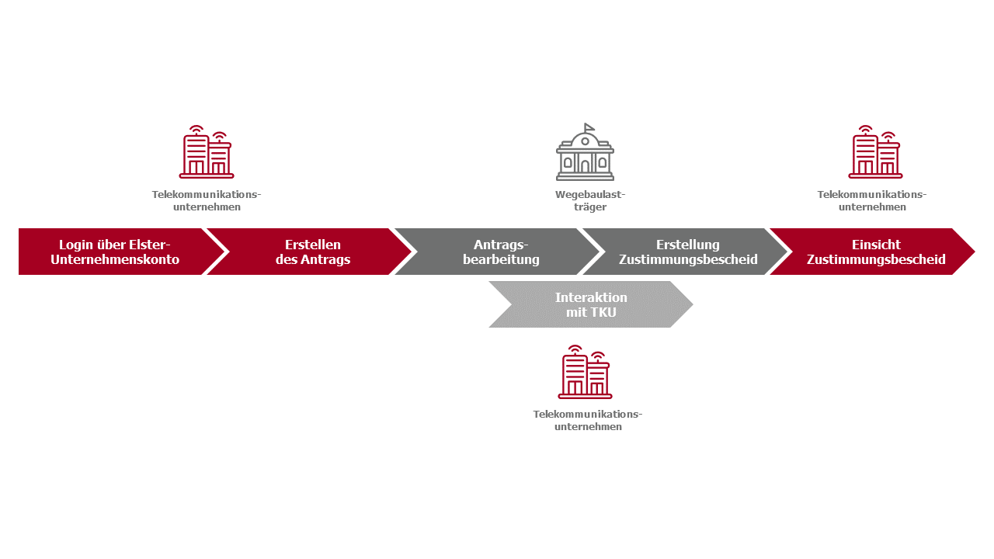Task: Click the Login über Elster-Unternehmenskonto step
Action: tap(115, 252)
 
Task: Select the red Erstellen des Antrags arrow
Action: tap(312, 252)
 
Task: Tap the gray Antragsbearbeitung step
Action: tap(501, 252)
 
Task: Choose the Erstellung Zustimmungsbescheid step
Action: tap(688, 252)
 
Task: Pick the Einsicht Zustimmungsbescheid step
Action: tap(876, 252)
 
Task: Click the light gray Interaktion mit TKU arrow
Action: tap(591, 304)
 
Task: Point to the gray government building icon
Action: tap(585, 154)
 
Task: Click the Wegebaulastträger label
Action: tap(590, 200)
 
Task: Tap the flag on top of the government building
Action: tap(589, 127)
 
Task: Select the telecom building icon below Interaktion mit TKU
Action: tap(585, 373)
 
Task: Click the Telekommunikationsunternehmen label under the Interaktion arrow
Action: tap(588, 420)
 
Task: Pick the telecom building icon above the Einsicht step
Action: tap(875, 153)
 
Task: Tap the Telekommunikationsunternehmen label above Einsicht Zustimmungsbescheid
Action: tap(872, 200)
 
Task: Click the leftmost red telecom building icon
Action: tap(207, 153)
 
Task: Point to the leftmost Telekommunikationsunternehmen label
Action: tap(207, 200)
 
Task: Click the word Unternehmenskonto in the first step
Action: tap(115, 259)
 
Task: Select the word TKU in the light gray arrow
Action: tap(603, 312)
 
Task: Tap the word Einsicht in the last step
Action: tap(876, 245)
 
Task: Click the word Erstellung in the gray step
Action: tap(688, 245)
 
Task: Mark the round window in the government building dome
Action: tap(585, 141)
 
